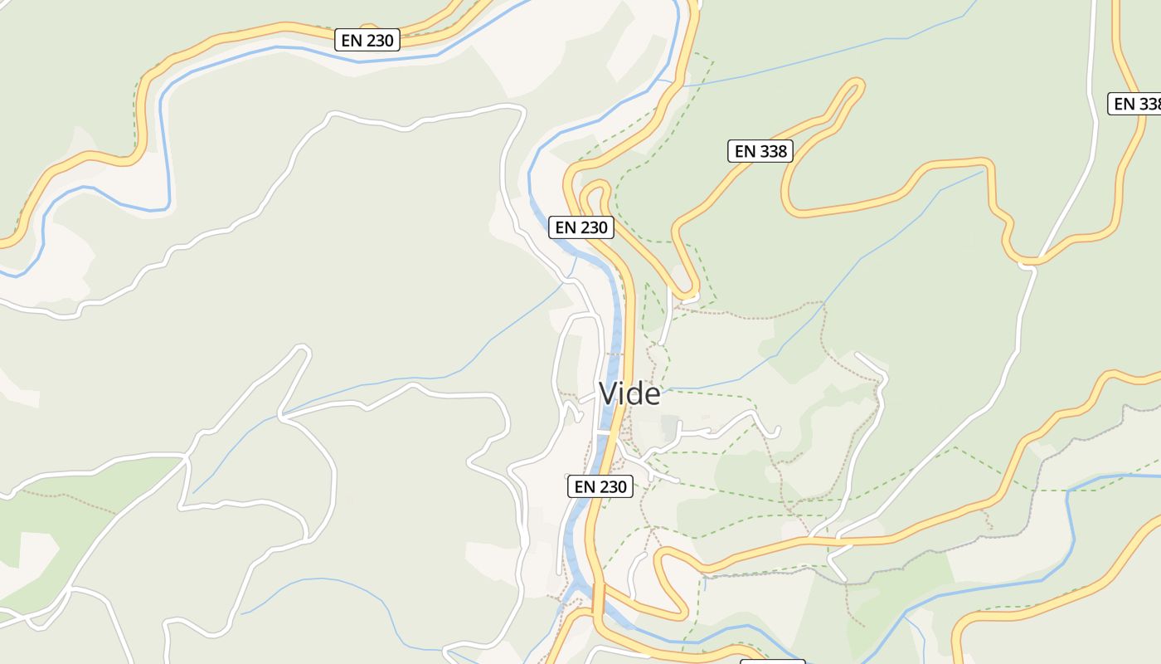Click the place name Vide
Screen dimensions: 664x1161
629,393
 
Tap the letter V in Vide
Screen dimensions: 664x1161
610,393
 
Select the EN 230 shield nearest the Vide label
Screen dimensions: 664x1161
600,486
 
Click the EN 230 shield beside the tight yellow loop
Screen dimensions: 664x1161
581,227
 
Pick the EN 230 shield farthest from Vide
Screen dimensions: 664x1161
367,40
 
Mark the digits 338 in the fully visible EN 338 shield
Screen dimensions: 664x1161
773,151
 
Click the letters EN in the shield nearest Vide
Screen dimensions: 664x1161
585,486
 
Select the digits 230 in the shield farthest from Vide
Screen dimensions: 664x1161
381,40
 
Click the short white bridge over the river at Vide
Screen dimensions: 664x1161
604,432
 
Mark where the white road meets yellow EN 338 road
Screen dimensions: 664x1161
1027,263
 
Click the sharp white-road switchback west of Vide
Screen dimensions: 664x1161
303,352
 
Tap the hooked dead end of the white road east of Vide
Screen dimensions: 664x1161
776,431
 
